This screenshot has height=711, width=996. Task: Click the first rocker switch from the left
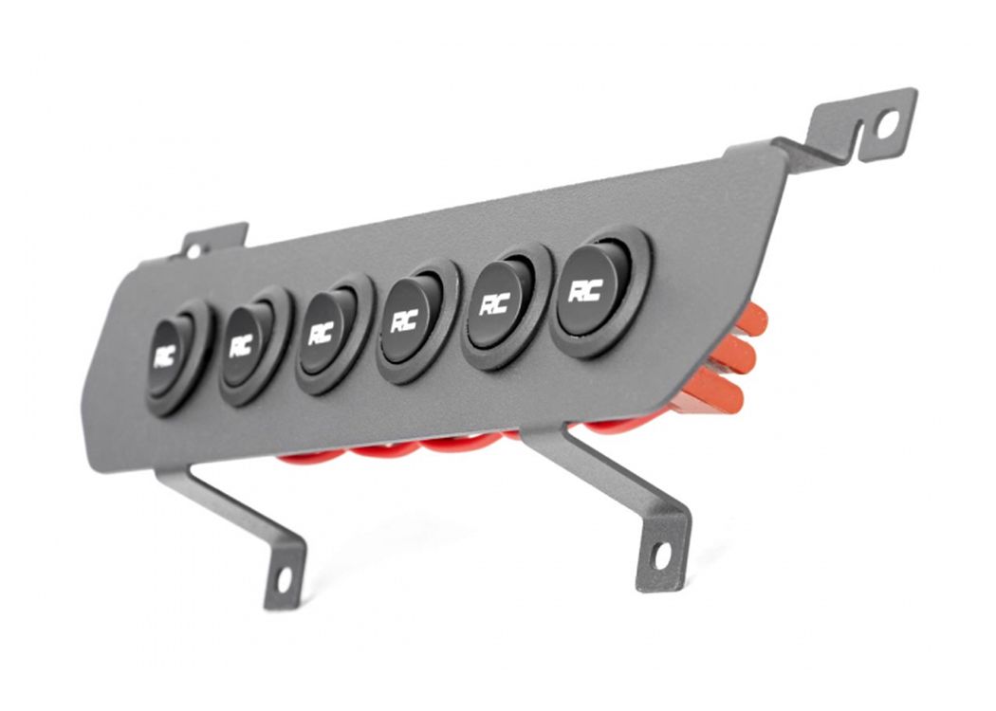coord(177,358)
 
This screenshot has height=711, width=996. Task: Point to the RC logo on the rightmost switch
coord(585,292)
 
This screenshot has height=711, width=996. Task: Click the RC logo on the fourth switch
coord(404,322)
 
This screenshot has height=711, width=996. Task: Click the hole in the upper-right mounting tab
coord(887,124)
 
